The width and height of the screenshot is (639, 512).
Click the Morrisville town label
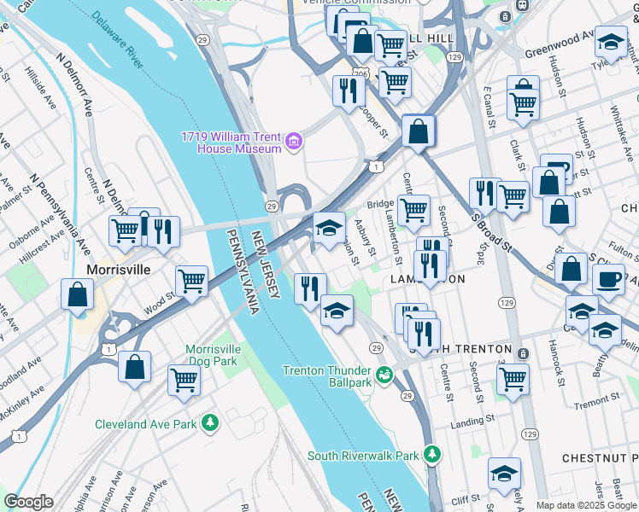click(119, 269)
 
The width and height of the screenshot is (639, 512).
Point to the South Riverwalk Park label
click(363, 456)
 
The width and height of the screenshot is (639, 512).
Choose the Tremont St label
click(601, 404)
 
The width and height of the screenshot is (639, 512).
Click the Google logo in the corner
click(28, 502)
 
